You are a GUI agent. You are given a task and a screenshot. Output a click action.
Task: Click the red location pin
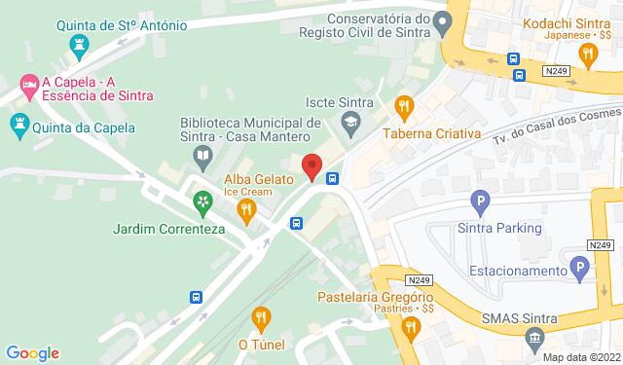coord(311,166)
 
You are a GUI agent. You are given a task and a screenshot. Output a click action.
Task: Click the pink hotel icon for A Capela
coord(29,88)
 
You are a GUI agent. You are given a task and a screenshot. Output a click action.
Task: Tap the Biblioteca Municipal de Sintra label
coord(251,130)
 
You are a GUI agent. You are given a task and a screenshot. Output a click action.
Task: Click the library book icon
coord(201,155)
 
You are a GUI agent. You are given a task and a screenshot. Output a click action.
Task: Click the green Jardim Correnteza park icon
coord(202,202)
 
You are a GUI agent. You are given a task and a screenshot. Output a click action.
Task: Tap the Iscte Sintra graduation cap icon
coord(348,122)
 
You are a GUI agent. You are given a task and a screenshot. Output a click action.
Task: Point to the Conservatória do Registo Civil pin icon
coord(443,19)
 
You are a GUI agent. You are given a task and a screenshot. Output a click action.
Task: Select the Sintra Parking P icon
coord(478,202)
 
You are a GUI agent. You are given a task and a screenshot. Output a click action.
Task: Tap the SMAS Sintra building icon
coord(533,338)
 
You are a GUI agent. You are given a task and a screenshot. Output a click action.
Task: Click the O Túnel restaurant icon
coord(260,316)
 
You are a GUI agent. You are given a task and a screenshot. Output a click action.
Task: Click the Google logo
coord(32,353)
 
